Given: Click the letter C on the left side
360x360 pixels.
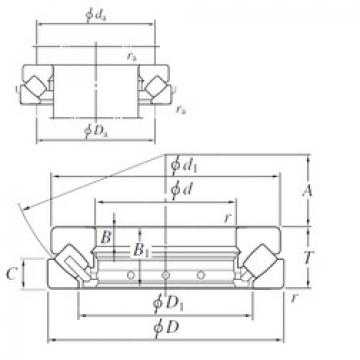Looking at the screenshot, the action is (38, 272).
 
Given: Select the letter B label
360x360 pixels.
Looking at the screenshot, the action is (106, 237).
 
